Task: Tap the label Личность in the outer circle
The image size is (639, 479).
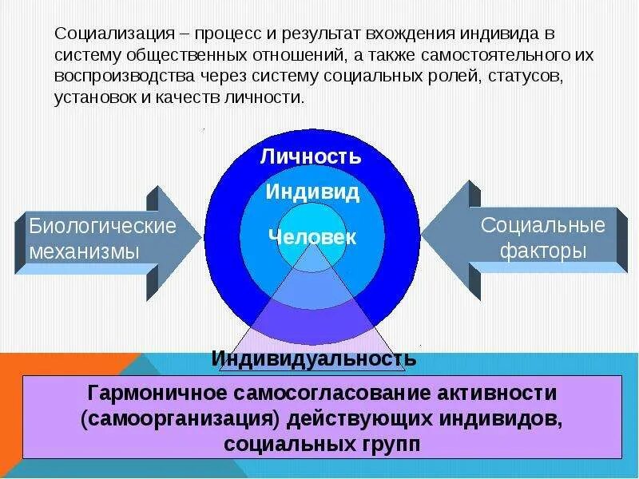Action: point(311,156)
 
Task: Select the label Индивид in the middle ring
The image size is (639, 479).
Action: point(312,192)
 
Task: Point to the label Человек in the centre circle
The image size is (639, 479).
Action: point(312,237)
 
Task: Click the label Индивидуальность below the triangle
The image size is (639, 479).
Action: point(314,358)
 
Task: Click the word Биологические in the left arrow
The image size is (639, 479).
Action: point(103,226)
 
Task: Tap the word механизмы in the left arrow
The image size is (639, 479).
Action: point(85,251)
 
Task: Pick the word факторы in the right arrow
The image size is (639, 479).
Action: point(544,251)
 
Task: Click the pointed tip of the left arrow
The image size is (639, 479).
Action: point(200,239)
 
